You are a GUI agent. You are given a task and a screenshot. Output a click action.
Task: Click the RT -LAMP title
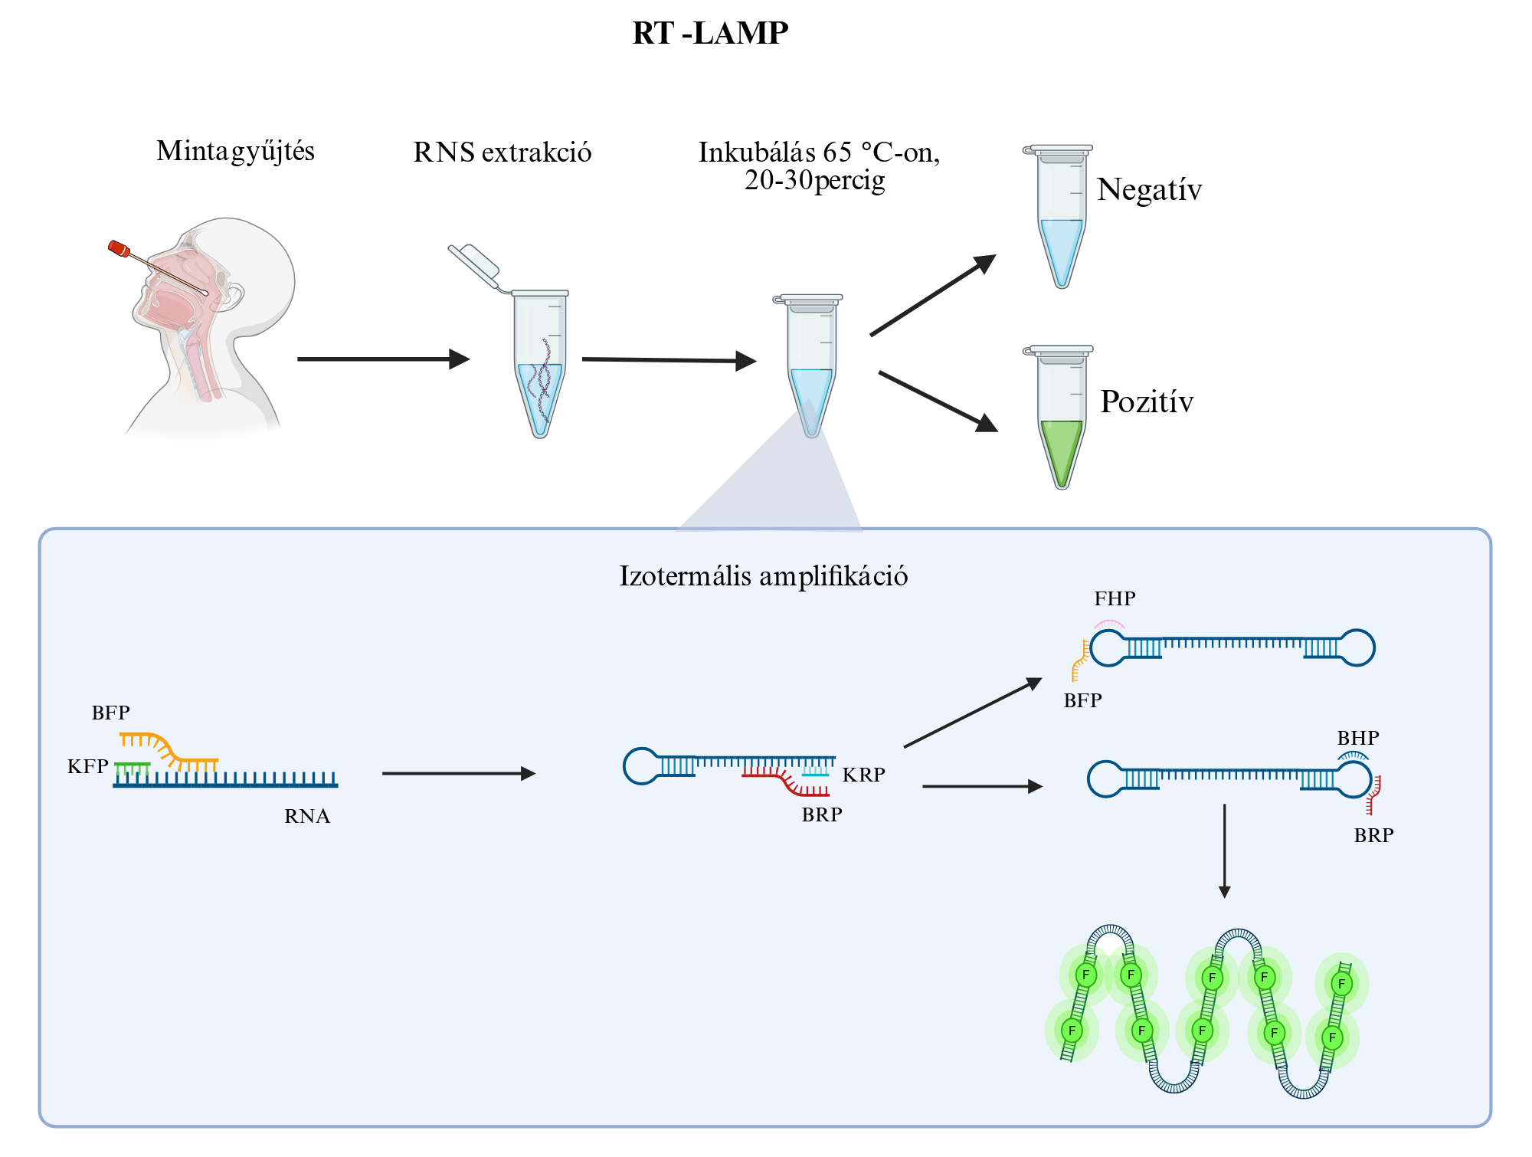[710, 33]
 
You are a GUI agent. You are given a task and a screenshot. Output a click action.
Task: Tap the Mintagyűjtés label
[235, 152]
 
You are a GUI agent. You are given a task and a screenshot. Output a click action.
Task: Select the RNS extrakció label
[502, 152]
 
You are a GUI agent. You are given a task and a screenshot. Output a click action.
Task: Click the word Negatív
[1149, 189]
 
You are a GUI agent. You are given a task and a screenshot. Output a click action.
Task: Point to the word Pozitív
[1147, 402]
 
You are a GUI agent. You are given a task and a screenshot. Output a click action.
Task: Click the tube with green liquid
[1060, 417]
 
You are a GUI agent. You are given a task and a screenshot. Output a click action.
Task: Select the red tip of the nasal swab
[119, 248]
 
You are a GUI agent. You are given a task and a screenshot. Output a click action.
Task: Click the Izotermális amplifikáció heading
[764, 576]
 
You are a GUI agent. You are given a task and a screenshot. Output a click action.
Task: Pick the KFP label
[87, 767]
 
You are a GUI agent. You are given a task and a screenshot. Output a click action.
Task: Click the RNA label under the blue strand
[307, 817]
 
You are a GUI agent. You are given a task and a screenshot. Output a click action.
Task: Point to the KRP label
[864, 775]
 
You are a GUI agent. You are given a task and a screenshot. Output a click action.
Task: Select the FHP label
[1115, 598]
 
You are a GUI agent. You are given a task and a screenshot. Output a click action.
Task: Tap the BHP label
[1358, 738]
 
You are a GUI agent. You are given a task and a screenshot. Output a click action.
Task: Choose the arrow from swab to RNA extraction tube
[384, 359]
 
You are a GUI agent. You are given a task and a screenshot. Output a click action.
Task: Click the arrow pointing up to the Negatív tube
[933, 295]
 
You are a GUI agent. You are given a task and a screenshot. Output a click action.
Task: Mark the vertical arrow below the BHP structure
[1224, 851]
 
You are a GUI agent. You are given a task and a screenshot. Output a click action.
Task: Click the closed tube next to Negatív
[1060, 216]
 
